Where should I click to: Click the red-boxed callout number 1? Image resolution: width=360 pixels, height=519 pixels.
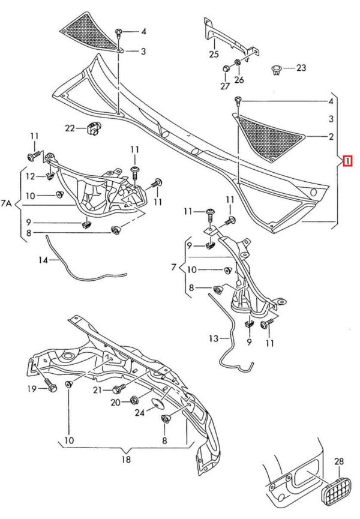tap(347, 161)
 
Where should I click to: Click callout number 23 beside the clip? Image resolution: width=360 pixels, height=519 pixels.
tap(301, 68)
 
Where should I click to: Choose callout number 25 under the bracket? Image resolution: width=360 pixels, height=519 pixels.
tap(214, 55)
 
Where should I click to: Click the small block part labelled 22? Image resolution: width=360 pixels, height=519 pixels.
tap(94, 127)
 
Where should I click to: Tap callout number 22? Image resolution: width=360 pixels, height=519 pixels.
tap(71, 127)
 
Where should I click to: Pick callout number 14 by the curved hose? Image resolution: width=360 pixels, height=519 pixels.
tap(43, 260)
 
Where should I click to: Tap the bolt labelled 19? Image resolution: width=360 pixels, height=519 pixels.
tap(50, 388)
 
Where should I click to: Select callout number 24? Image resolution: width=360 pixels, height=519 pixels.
tap(139, 412)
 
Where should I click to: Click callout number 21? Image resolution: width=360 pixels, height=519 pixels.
tap(98, 391)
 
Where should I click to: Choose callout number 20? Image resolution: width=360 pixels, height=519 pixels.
tap(115, 403)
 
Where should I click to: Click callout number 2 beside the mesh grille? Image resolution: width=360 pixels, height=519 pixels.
tap(331, 137)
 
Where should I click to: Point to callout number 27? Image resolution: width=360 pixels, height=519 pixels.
tap(225, 86)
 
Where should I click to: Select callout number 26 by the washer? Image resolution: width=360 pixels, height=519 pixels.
tap(239, 79)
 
